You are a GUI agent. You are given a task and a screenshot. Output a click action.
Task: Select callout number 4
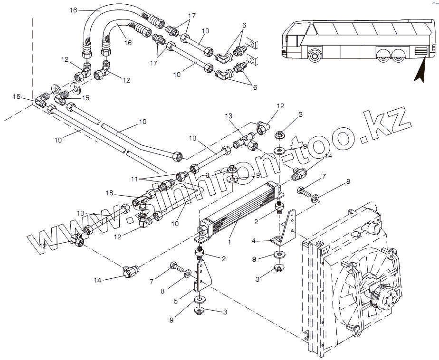click(254, 241)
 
